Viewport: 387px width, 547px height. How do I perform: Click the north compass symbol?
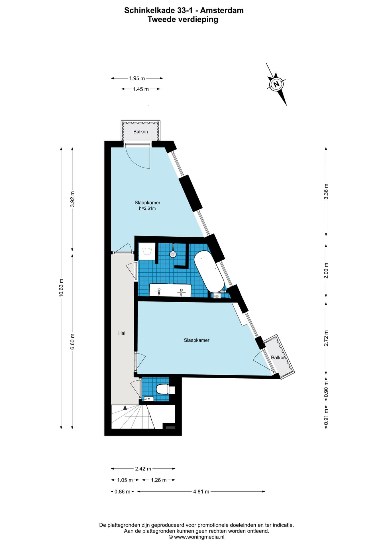click(276, 84)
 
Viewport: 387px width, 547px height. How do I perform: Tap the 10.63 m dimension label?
click(61, 288)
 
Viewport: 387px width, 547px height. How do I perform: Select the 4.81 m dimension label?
click(201, 491)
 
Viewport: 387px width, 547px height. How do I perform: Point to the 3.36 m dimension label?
click(326, 191)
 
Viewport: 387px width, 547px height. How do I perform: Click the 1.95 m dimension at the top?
click(137, 78)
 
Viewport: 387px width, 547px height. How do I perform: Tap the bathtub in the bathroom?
click(209, 271)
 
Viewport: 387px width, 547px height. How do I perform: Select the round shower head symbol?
click(173, 254)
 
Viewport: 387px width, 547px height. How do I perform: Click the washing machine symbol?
click(147, 251)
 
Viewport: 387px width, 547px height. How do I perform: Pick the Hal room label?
click(122, 333)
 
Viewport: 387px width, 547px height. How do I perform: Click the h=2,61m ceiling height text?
click(147, 208)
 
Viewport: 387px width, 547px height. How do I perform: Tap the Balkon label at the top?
click(140, 132)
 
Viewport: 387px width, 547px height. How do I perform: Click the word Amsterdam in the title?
click(222, 11)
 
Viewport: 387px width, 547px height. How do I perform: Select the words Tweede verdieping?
click(183, 19)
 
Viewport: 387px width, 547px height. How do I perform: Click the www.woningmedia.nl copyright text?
click(196, 537)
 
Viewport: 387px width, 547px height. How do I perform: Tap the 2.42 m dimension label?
click(143, 469)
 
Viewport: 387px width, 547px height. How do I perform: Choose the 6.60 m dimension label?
click(72, 341)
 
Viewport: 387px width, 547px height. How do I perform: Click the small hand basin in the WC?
click(148, 399)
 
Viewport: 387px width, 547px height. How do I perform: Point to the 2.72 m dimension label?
click(326, 338)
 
